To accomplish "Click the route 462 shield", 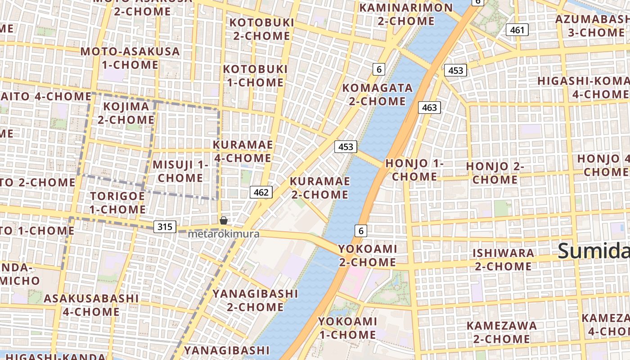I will coord(261,193).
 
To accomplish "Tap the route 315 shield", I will coord(165,227).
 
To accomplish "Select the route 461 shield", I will coord(517,30).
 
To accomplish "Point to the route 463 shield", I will coord(429,108).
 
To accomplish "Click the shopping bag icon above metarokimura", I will coord(223,220).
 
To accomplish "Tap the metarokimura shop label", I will coord(223,234).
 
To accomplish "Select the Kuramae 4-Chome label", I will coord(243,151).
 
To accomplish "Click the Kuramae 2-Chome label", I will coord(319,188).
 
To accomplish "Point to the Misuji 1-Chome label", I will coord(180,171).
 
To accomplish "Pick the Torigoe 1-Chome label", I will coord(117,202).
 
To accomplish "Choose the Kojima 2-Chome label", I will coord(126,113).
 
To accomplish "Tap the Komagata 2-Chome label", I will coord(378,94).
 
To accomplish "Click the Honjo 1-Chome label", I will coord(414,170).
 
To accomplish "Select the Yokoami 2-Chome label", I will coord(367,255).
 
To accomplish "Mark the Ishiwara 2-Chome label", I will coord(503,259).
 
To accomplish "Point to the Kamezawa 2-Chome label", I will coord(501,332).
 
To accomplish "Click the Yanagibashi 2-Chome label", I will coord(255,300).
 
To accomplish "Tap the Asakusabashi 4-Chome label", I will coord(91,305).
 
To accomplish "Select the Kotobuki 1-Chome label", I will coord(255,76).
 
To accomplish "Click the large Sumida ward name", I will coord(593,251).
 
